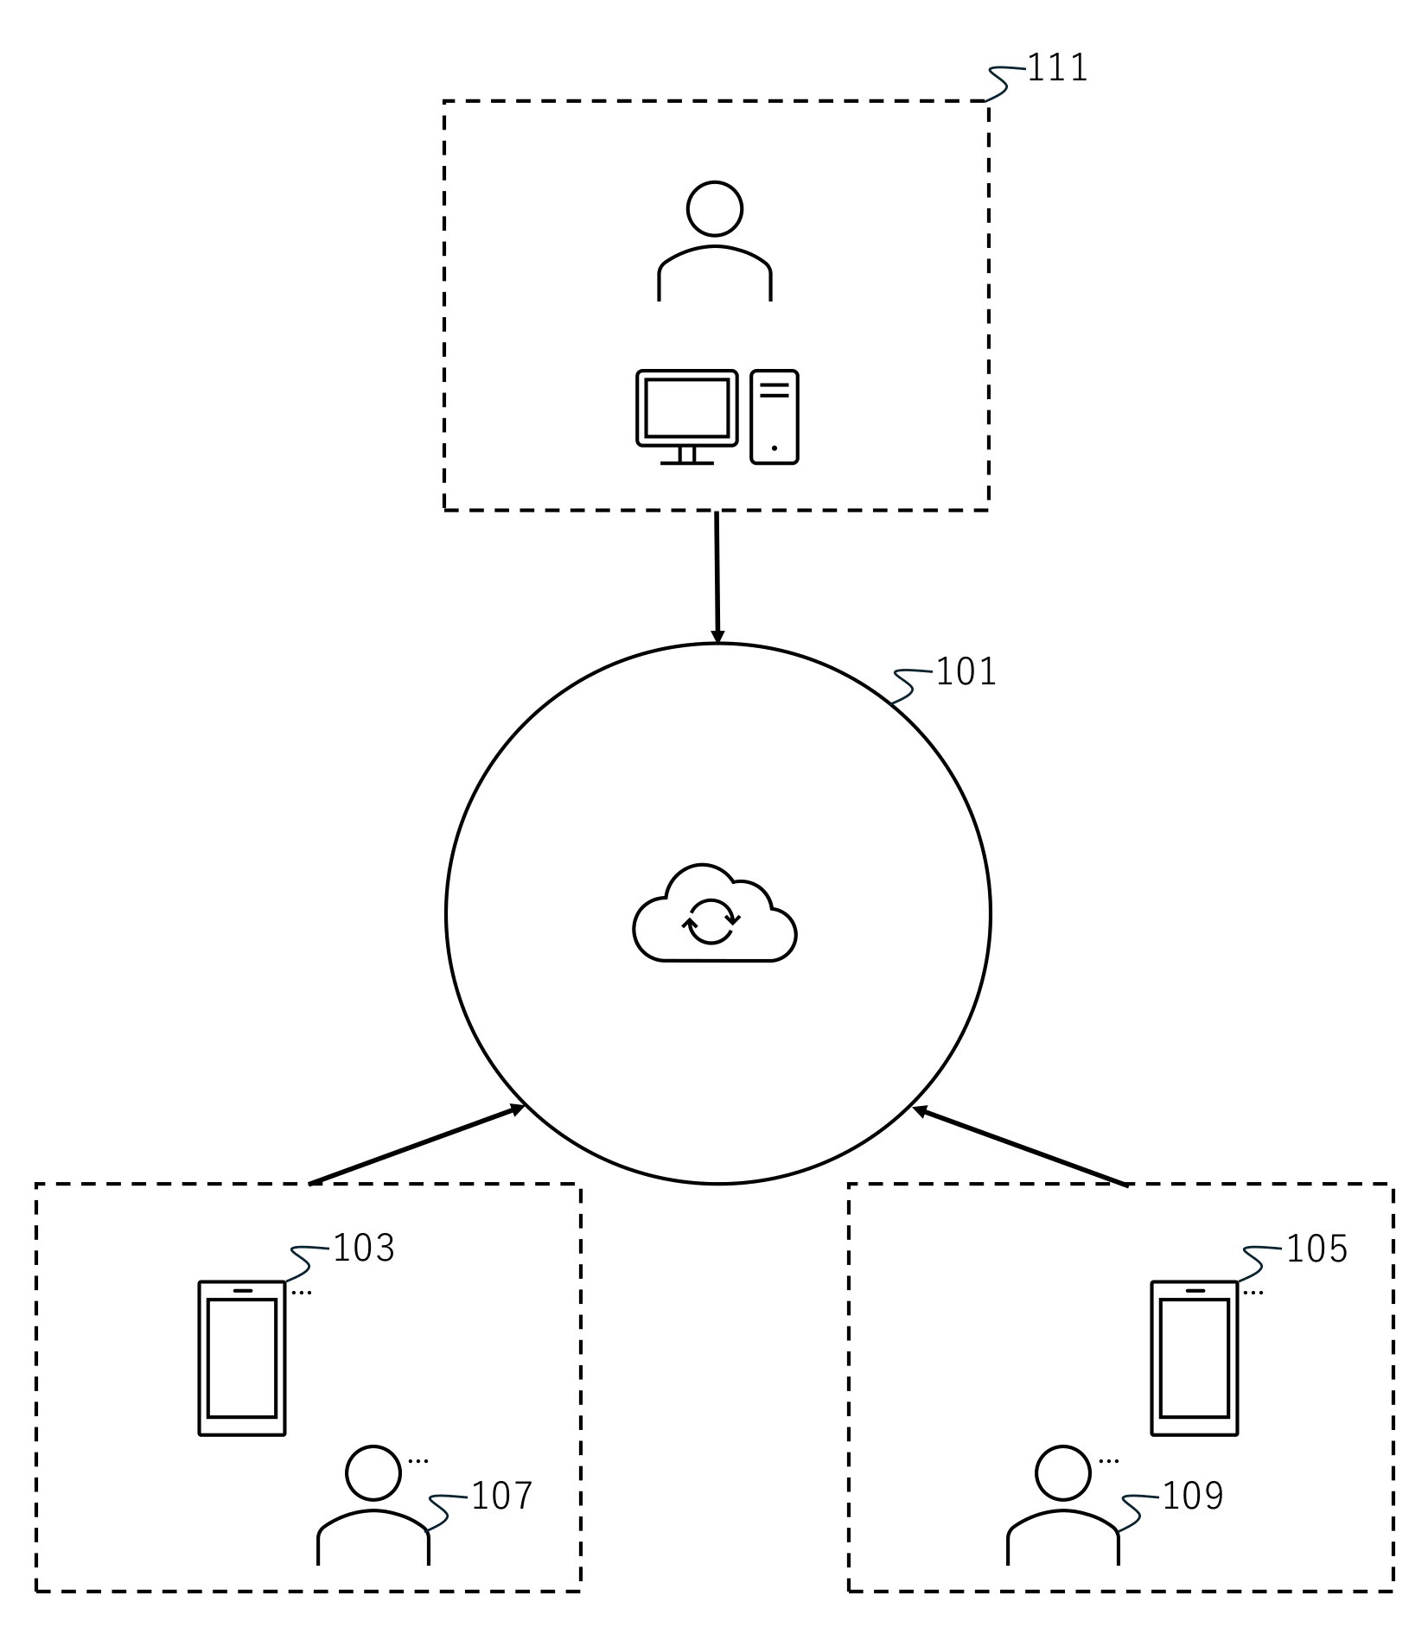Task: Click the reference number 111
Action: [1056, 68]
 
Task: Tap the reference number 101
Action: [966, 672]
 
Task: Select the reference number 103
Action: [363, 1249]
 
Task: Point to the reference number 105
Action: [1316, 1249]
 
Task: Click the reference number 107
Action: [501, 1496]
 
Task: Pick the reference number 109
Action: [1193, 1497]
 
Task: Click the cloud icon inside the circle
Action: [715, 914]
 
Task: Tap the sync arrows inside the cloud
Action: [711, 922]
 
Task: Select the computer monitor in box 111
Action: [687, 417]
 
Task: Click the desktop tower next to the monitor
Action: [775, 417]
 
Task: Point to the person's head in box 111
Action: [715, 209]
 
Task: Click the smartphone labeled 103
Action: [242, 1358]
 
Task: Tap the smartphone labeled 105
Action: [1195, 1358]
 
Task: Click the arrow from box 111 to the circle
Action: [717, 577]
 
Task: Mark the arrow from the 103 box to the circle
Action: [418, 1145]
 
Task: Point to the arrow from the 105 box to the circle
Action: [1020, 1146]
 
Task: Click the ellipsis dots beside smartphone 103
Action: [301, 1294]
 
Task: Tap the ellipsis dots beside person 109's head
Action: [1109, 1461]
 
